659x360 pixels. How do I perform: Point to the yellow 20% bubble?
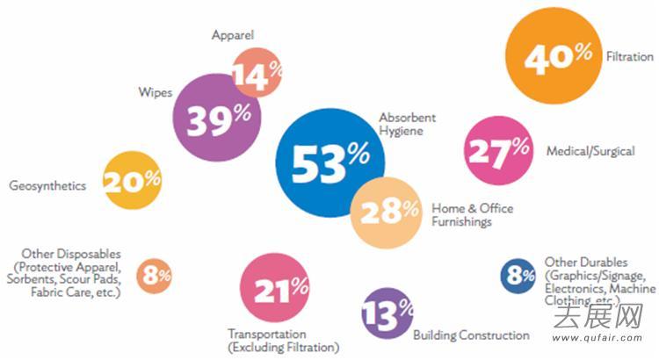coord(132,180)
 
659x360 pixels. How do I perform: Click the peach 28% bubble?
coord(387,210)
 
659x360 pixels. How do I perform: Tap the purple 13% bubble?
coord(386,312)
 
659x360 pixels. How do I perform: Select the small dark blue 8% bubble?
coord(518,277)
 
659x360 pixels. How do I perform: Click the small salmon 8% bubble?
coord(156,275)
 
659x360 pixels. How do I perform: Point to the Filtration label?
coord(629,57)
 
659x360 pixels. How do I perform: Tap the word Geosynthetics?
coord(47,185)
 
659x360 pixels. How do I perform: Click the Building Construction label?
coord(471,335)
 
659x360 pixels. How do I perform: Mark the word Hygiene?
coord(402,131)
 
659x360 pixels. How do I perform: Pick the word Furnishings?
coord(461,222)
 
